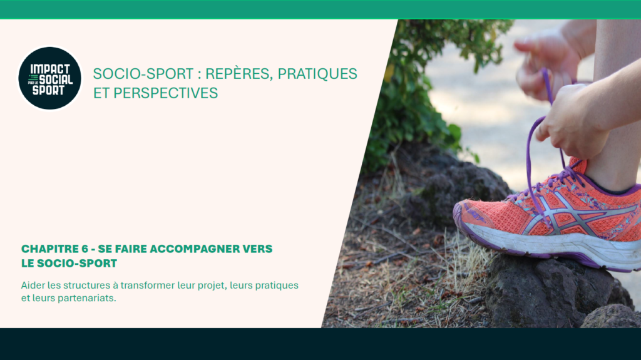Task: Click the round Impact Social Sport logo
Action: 50,78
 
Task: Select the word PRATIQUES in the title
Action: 317,74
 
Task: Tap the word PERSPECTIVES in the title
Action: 165,93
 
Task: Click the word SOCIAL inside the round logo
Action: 56,80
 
